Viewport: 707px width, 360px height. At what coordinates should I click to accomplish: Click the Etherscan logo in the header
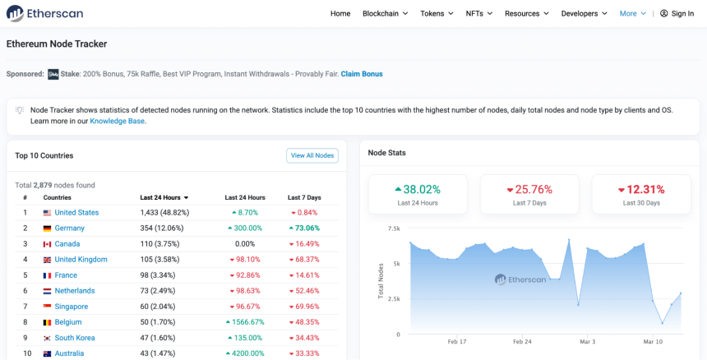pos(44,13)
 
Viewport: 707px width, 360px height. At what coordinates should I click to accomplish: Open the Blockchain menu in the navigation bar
pos(385,13)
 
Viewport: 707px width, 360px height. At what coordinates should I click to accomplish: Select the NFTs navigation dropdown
pos(478,13)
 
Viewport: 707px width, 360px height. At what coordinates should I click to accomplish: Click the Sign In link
pos(677,13)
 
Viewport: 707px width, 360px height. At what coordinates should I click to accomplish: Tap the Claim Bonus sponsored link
pos(362,74)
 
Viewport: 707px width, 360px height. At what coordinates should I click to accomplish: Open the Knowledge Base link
pos(118,121)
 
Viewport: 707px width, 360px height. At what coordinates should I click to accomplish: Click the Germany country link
pos(69,228)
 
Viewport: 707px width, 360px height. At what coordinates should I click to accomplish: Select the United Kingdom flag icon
pos(47,260)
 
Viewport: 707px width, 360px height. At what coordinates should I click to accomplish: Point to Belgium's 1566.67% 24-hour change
pos(245,322)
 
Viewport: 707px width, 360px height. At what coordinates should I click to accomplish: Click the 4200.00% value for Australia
pos(245,353)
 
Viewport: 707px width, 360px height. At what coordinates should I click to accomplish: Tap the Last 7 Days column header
pos(304,198)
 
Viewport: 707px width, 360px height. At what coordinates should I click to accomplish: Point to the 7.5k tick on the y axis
pos(394,228)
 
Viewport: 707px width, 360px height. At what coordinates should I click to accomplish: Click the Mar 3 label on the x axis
pos(588,342)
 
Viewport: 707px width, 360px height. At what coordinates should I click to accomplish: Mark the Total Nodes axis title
pos(381,281)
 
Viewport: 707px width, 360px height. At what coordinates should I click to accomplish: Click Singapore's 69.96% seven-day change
pos(304,307)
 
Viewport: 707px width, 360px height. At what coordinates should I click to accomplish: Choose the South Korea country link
pos(75,338)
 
